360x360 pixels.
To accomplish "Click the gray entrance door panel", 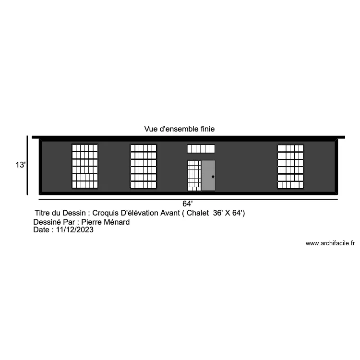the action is (x=208, y=175).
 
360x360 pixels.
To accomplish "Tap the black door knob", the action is (x=213, y=177).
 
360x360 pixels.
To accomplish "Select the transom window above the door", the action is (x=201, y=149).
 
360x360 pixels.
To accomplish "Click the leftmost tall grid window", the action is (x=85, y=167).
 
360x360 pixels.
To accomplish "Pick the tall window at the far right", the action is (x=290, y=167).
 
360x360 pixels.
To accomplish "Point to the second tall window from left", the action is (x=143, y=167).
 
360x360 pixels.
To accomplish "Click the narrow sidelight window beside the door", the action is (x=194, y=175).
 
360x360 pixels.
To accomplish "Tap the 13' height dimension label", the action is (x=21, y=165).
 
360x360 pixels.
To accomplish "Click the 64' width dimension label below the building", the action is (x=188, y=204).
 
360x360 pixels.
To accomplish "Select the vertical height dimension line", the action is (x=27, y=165).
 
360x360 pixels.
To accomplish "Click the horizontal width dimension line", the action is (x=188, y=199).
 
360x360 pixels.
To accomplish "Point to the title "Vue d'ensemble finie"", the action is (x=180, y=129).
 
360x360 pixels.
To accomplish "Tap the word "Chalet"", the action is (x=198, y=213).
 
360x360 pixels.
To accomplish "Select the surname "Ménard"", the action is (x=117, y=222).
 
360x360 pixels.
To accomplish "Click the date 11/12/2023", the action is (x=75, y=229).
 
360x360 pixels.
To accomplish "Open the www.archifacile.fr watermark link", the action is (x=330, y=243).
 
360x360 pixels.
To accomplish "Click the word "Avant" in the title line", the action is (x=170, y=213).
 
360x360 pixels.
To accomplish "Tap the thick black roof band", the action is (x=188, y=137).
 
